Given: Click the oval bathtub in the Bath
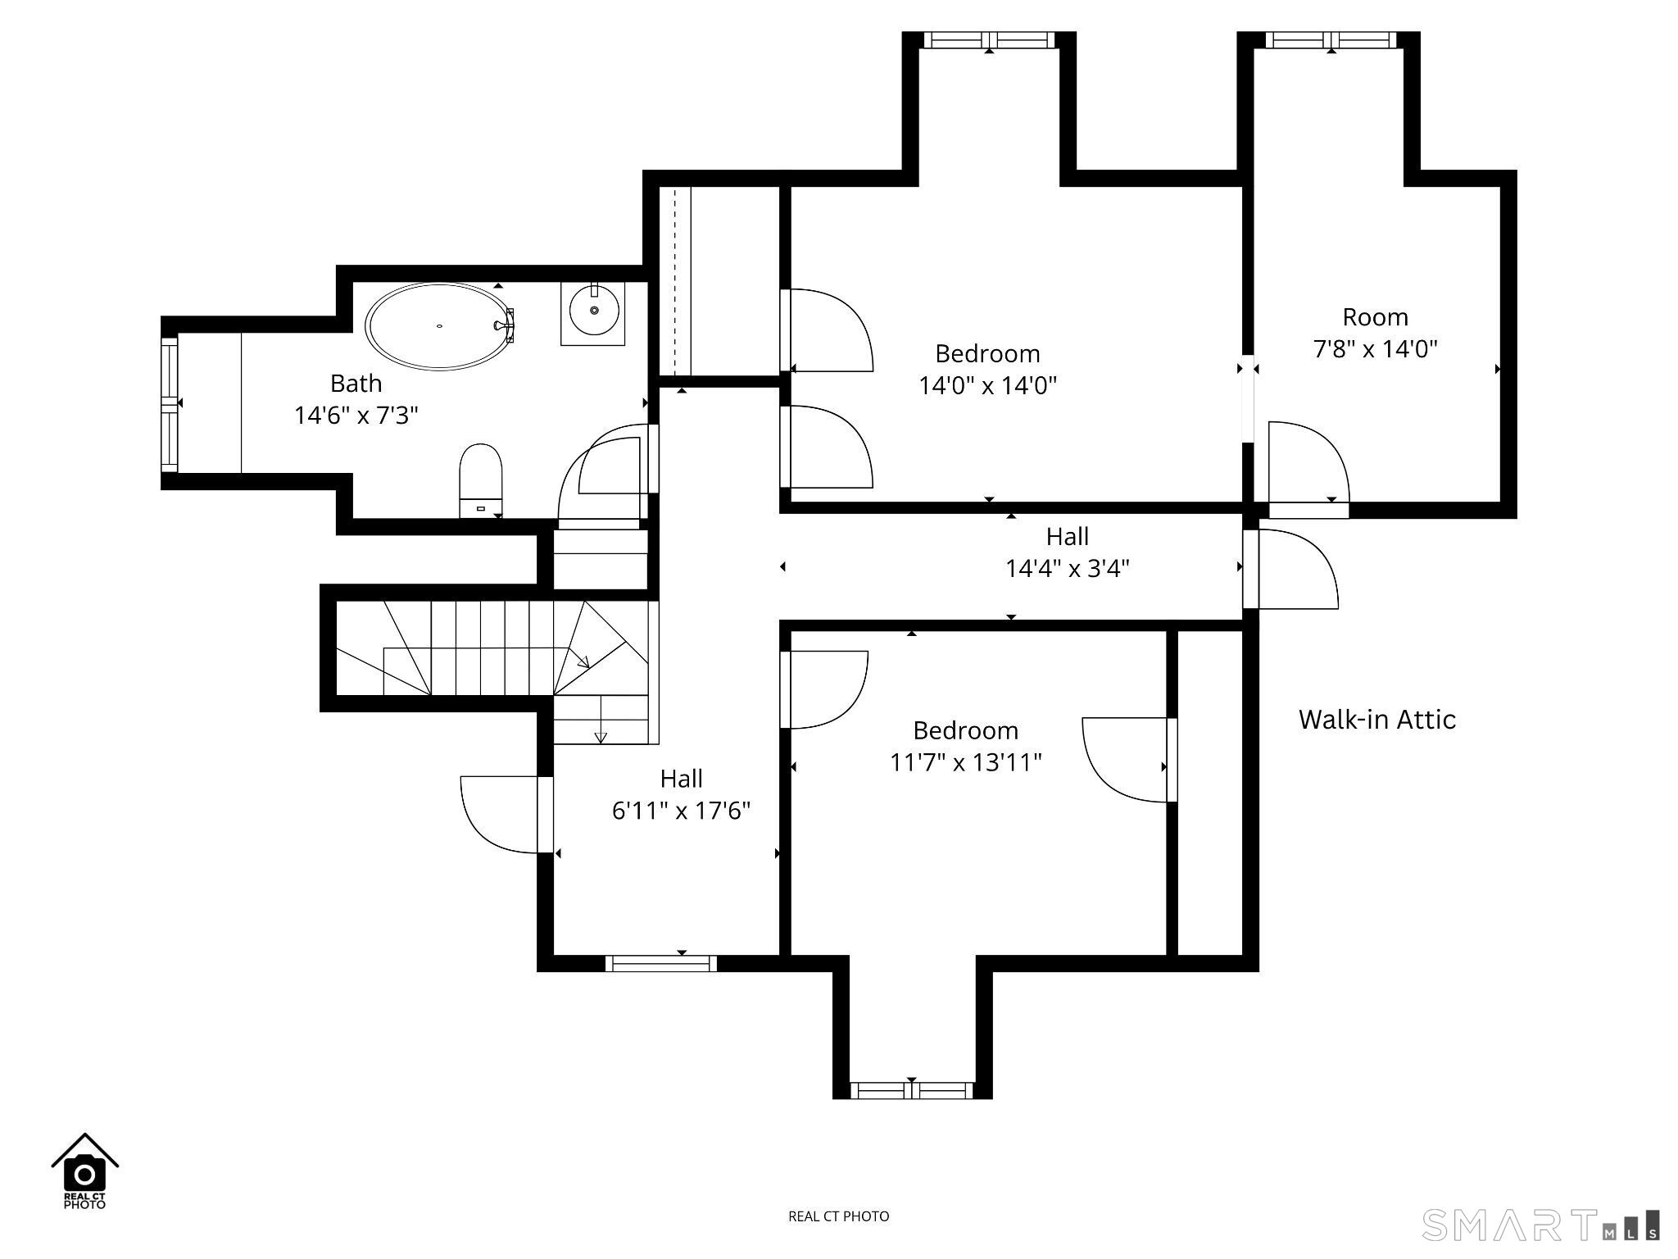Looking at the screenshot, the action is tap(439, 326).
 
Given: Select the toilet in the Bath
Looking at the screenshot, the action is tap(480, 481).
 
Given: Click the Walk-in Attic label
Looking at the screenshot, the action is tap(1377, 720).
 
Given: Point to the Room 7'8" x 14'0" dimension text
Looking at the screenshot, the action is tap(1376, 349).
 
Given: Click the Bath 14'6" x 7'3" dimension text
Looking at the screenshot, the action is tap(356, 416).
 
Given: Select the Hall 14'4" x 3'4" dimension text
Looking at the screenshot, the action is tap(1068, 568).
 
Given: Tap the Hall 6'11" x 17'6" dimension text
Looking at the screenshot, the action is tap(682, 811).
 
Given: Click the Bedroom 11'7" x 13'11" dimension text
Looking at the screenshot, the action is tap(966, 762).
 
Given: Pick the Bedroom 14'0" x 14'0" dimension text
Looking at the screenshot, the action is tap(988, 385).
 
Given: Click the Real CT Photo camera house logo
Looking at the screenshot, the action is tap(84, 1170).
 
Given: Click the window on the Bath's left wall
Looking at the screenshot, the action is tap(170, 404).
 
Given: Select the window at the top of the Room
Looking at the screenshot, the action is tap(1331, 40).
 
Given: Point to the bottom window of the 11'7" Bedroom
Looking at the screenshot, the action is tap(912, 1090).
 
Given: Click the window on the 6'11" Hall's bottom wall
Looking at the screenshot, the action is tap(661, 963).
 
